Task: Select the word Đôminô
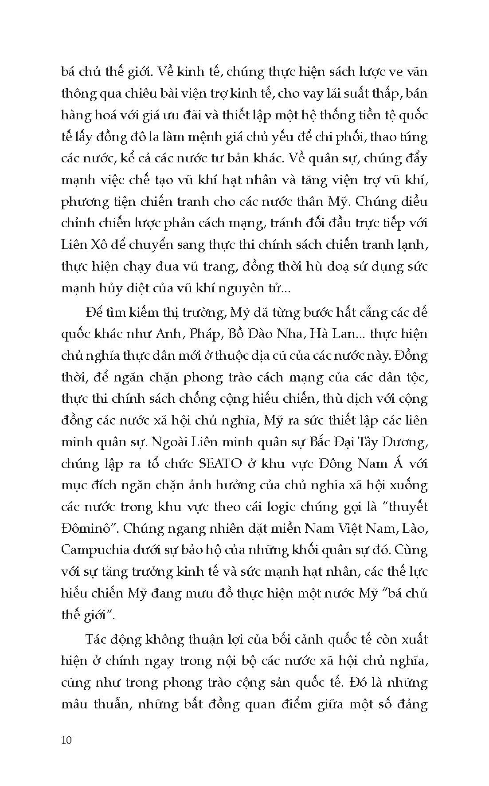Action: (89, 528)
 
